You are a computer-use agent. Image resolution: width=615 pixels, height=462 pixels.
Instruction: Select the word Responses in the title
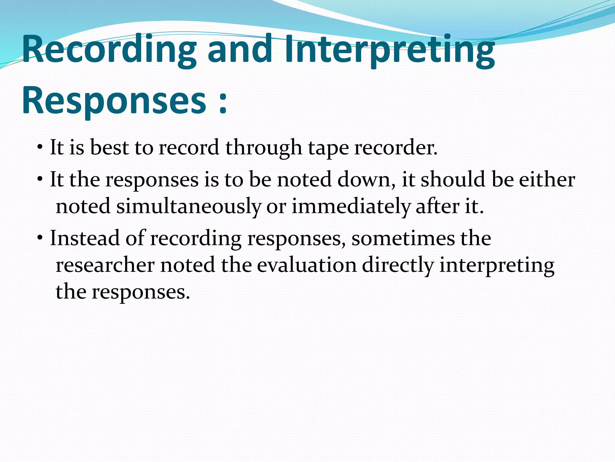[114, 100]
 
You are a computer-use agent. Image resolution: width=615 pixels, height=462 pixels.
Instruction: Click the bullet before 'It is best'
[40, 148]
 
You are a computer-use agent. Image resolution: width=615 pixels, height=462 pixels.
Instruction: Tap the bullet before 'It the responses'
[40, 180]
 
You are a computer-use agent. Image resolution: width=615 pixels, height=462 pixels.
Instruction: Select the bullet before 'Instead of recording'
[40, 239]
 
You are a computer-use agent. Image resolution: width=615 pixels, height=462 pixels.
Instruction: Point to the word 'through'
[264, 148]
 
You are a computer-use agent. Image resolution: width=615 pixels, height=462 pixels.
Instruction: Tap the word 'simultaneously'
[189, 207]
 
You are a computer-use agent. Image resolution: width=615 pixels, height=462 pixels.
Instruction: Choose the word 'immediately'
[351, 207]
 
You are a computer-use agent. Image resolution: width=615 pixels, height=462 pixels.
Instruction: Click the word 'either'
[547, 179]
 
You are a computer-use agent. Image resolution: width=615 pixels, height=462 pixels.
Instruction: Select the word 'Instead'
[85, 238]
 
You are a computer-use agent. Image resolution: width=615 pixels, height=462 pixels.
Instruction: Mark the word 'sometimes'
[403, 239]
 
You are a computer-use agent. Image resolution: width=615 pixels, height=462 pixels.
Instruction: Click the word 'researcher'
[105, 265]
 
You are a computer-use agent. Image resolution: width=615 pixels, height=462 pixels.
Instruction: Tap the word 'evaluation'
[307, 265]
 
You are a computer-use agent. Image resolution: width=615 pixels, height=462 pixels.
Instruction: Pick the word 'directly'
[398, 266]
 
